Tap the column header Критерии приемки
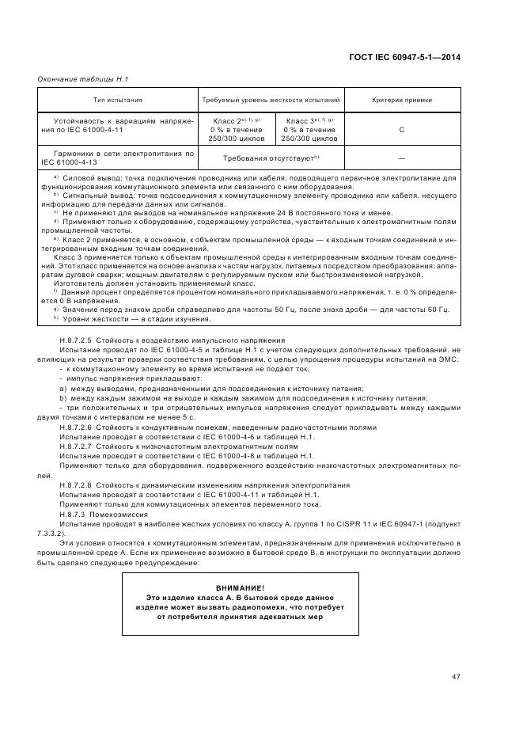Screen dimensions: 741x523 coord(401,101)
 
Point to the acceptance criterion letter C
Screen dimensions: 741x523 coord(401,129)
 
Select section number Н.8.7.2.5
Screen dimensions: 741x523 coord(76,340)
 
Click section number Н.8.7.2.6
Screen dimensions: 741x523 coord(76,427)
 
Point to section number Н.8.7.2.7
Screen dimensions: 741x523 coord(76,446)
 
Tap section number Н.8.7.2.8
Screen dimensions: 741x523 coord(76,484)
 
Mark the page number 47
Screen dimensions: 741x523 coord(456,675)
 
